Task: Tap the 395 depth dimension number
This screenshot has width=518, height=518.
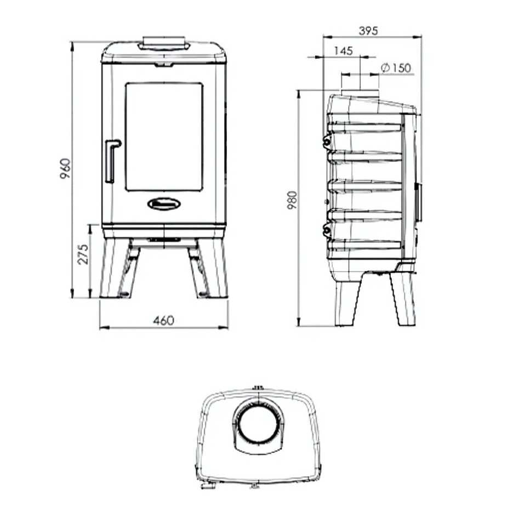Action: click(x=368, y=31)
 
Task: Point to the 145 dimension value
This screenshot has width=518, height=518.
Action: click(x=342, y=51)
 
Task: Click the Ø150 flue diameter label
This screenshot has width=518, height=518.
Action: click(x=395, y=68)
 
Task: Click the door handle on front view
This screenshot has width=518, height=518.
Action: click(x=111, y=160)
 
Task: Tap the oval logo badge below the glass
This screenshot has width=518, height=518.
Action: click(x=164, y=204)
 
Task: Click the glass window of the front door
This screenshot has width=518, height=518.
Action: click(x=164, y=136)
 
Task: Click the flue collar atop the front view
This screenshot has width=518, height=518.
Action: click(x=164, y=43)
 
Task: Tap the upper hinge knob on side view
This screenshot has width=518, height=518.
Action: click(x=327, y=142)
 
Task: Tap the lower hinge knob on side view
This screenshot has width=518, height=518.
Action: click(x=327, y=231)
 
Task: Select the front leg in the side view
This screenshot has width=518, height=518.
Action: click(x=405, y=299)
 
